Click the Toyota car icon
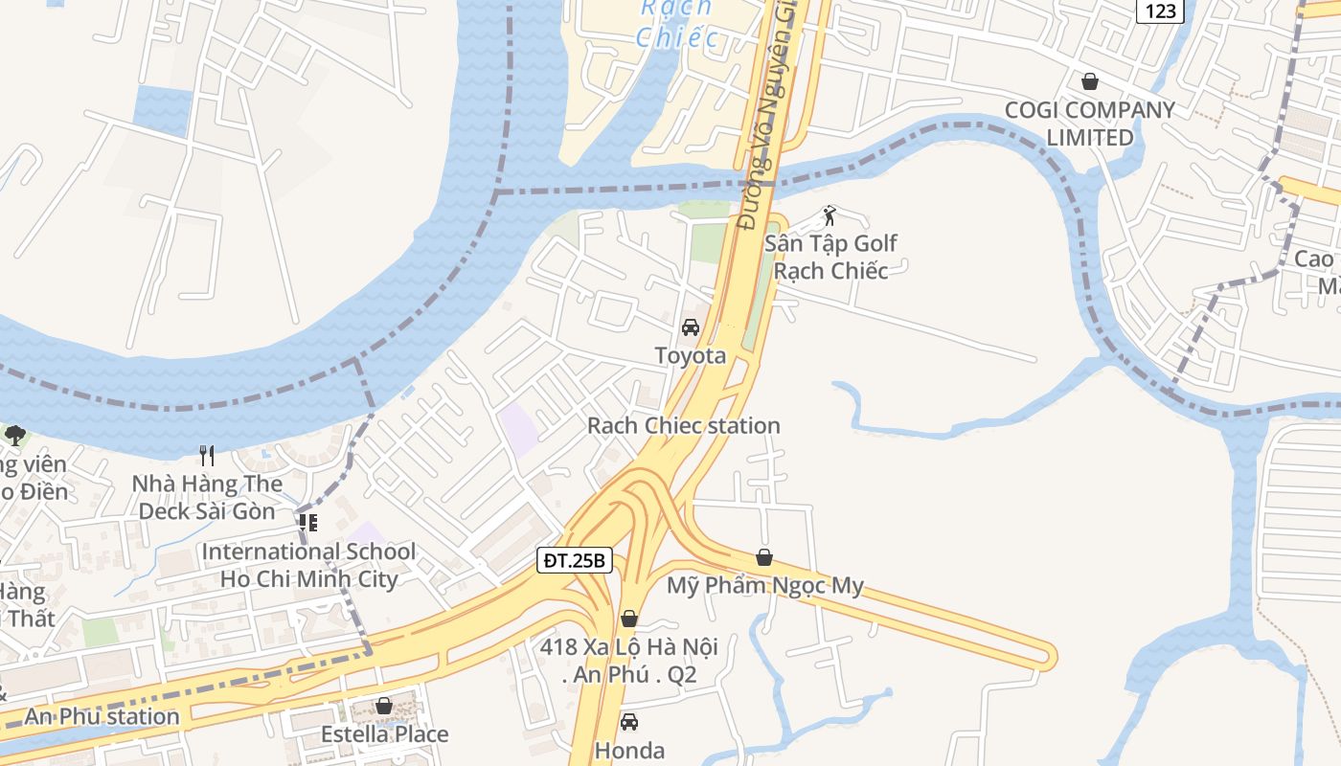pyautogui.click(x=690, y=327)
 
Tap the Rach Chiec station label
pyautogui.click(x=683, y=425)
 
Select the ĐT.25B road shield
pyautogui.click(x=574, y=560)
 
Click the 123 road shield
pyautogui.click(x=1161, y=11)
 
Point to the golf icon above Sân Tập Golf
pyautogui.click(x=830, y=215)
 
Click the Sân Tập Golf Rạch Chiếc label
pyautogui.click(x=830, y=257)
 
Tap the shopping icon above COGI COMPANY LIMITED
pyautogui.click(x=1089, y=81)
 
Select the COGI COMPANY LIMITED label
pyautogui.click(x=1089, y=124)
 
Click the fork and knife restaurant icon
pyautogui.click(x=207, y=454)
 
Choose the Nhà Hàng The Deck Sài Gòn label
pyautogui.click(x=207, y=497)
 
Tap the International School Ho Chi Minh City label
pyautogui.click(x=308, y=565)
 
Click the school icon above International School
pyautogui.click(x=308, y=523)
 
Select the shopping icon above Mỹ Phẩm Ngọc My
pyautogui.click(x=764, y=557)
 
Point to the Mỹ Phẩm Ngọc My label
pyautogui.click(x=764, y=586)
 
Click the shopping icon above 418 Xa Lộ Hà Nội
pyautogui.click(x=629, y=619)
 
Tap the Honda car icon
pyautogui.click(x=629, y=722)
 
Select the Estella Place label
pyautogui.click(x=384, y=734)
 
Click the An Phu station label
pyautogui.click(x=102, y=716)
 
